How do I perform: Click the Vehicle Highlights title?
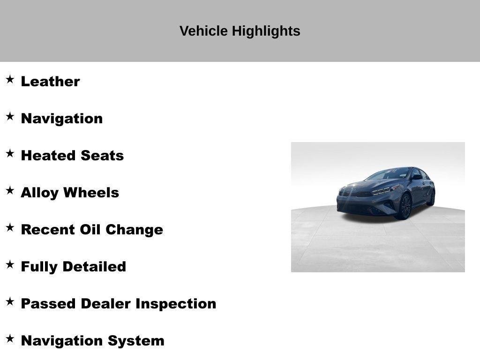coord(240,31)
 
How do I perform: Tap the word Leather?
coord(50,82)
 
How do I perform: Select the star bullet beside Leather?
coord(10,79)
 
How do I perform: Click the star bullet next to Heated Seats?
coord(10,153)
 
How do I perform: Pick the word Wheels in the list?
coord(91,193)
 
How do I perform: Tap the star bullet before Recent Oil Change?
coord(10,227)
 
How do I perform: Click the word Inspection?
coord(176,304)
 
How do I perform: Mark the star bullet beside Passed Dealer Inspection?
coord(10,301)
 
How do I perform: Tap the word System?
coord(136,341)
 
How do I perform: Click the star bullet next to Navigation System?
coord(10,338)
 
